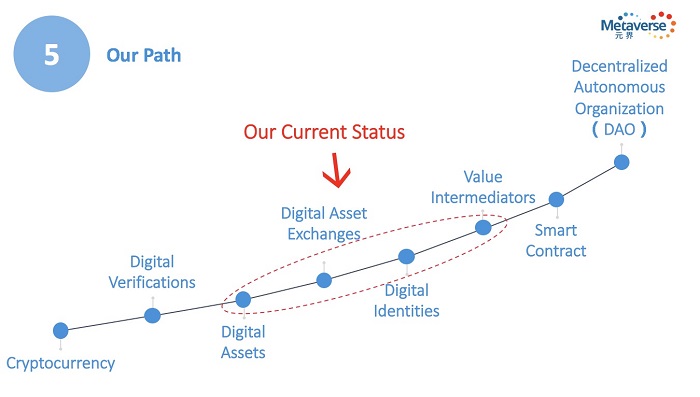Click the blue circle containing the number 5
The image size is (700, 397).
[x=52, y=54]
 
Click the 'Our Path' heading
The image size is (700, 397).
[x=144, y=55]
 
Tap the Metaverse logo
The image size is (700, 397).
[x=638, y=25]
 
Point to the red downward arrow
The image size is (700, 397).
[x=336, y=170]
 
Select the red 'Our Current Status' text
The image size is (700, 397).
[x=324, y=132]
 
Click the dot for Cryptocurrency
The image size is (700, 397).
[x=61, y=331]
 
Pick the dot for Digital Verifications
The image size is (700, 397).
[x=153, y=316]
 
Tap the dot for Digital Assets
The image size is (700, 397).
[x=243, y=300]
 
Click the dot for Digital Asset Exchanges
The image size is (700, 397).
[x=324, y=280]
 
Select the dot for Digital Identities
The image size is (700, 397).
[x=406, y=257]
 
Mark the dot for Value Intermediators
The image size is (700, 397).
[x=483, y=228]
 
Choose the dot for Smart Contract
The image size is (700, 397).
[x=556, y=200]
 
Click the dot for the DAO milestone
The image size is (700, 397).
[x=622, y=162]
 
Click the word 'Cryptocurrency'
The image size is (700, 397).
[x=61, y=364]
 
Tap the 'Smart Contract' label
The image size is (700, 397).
[x=556, y=241]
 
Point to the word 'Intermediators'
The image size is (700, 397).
[x=483, y=197]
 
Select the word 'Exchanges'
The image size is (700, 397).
[x=324, y=234]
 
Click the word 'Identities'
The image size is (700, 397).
[x=406, y=311]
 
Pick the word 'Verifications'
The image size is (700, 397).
[x=152, y=282]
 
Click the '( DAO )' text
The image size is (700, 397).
[x=619, y=130]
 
